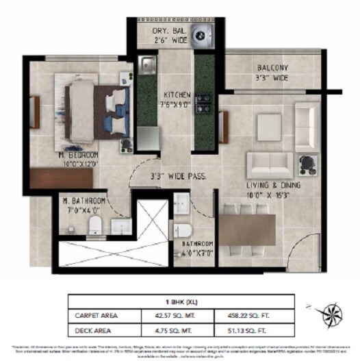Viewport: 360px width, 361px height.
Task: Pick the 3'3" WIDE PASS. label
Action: pyautogui.click(x=179, y=176)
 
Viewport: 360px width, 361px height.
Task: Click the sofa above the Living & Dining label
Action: pyautogui.click(x=271, y=163)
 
